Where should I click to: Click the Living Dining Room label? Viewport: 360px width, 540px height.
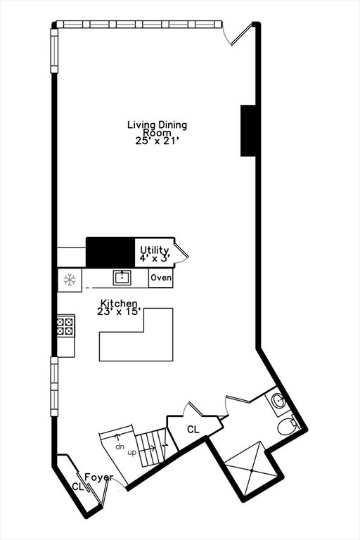coord(157,128)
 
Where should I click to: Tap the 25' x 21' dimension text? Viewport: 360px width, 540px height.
coord(157,141)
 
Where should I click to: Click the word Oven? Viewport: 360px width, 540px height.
coord(161,277)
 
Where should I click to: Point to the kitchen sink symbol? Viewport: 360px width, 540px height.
coord(122,278)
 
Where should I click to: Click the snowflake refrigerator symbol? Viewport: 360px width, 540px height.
coord(70,280)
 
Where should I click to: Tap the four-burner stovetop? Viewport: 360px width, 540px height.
coord(65,326)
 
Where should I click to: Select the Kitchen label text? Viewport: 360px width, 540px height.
coord(119,304)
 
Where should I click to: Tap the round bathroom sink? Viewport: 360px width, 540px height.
coord(278,401)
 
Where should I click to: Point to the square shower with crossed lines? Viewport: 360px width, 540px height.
coord(252,470)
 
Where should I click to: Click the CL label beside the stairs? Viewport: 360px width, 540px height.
coord(193,429)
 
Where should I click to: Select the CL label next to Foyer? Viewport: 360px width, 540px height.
coord(78,487)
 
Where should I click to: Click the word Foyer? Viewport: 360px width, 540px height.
coord(99,477)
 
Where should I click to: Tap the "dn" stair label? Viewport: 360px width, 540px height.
coord(120,447)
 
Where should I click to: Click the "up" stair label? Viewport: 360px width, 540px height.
coord(132,453)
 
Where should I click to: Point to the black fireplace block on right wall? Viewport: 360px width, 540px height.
coord(248,131)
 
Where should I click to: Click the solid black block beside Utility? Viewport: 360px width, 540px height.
coord(110,252)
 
